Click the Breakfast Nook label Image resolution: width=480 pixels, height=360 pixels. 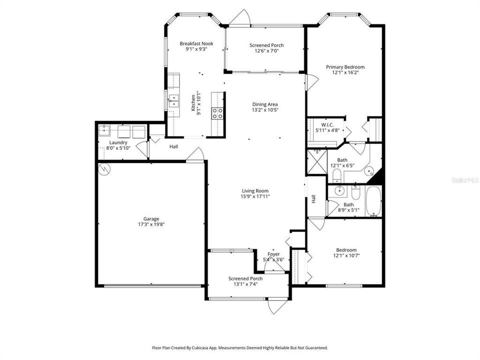pos(196,43)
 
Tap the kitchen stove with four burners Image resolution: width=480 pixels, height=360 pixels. pos(217,113)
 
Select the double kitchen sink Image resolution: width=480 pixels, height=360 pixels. pos(173,101)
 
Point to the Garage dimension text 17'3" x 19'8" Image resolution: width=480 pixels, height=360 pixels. pos(151,224)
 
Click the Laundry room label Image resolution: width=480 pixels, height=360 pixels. pos(118,142)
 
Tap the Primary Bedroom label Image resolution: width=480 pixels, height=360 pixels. pos(345,67)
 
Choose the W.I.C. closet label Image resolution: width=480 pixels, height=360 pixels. pos(327,124)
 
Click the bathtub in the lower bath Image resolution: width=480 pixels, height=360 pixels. pos(373,201)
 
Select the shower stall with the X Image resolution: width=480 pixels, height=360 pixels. pos(317,162)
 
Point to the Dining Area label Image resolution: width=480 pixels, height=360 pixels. pos(265,104)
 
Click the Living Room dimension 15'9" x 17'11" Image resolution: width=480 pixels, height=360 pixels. pos(255,196)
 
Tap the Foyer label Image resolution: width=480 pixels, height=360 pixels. pos(273,254)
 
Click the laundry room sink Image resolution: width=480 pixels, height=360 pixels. pos(104,130)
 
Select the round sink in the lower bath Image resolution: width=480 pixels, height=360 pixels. pos(339,191)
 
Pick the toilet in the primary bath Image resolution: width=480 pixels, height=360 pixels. pos(336,175)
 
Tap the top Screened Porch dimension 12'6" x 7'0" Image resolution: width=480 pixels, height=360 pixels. pos(266,51)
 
